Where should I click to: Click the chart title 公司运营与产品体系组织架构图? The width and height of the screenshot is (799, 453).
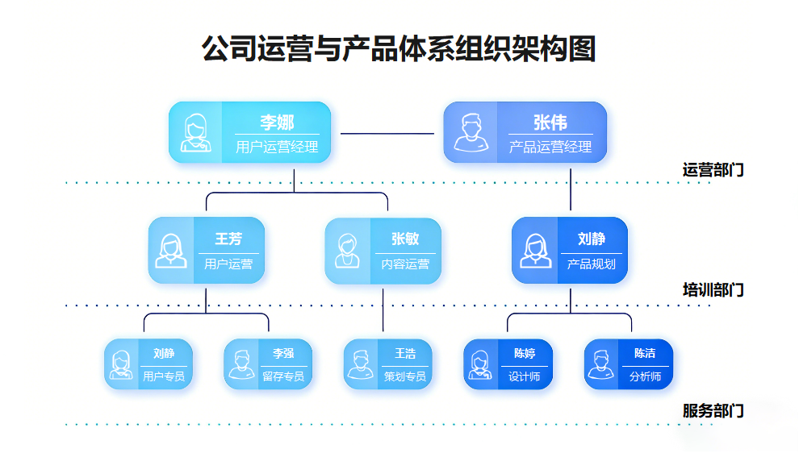(399, 48)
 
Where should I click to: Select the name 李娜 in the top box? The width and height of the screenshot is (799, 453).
(277, 123)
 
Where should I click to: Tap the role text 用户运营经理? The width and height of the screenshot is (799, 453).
(277, 148)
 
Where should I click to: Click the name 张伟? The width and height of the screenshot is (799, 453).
(550, 123)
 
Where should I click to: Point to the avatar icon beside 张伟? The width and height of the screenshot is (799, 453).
(471, 133)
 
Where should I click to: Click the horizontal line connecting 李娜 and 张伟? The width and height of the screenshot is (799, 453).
(387, 133)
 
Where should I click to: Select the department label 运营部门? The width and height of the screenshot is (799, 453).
(713, 170)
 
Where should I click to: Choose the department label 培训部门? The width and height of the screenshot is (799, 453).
(713, 290)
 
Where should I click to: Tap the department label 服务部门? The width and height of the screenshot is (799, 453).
(713, 411)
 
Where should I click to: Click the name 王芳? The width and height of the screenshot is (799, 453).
(228, 239)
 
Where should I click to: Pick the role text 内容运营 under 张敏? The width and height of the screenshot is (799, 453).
(405, 264)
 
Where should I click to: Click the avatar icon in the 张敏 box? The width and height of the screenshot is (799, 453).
(348, 251)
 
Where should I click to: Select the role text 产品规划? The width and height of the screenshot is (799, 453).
(592, 264)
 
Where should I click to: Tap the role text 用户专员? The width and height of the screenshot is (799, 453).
(164, 376)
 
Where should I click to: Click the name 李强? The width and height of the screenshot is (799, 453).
(283, 354)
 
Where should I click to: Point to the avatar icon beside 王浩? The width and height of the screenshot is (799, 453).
(361, 364)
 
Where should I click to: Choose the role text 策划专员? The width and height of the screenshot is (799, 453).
(404, 376)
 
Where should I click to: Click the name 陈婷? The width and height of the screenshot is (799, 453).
(525, 354)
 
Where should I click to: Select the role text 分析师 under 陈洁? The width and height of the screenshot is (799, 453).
(645, 376)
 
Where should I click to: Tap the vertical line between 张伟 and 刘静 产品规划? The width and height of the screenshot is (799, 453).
(571, 190)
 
